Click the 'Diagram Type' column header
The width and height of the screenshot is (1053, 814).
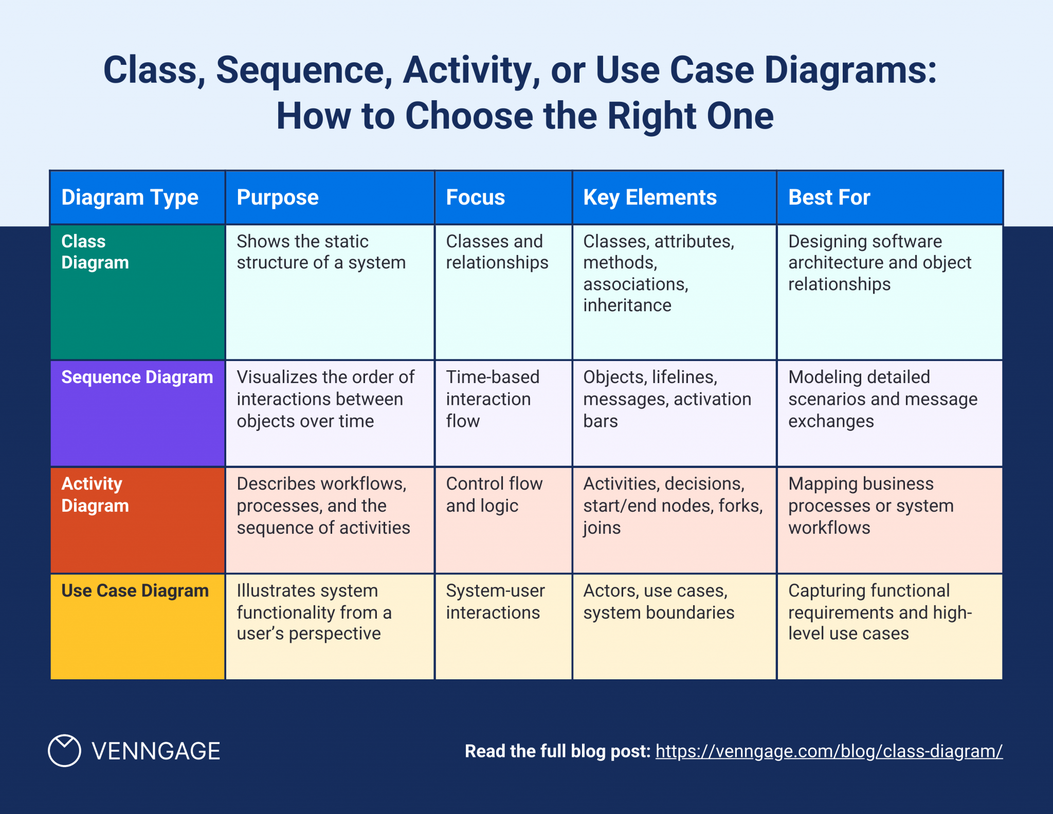coord(130,197)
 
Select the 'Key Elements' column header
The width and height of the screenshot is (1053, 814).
coord(649,197)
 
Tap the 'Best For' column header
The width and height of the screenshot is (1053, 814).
coord(829,197)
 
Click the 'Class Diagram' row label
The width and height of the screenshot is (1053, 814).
coord(95,252)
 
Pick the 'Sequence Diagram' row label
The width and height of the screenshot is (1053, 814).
coord(137,377)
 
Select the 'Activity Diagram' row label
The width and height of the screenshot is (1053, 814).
coord(95,495)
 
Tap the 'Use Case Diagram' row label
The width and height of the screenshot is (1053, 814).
coord(135,591)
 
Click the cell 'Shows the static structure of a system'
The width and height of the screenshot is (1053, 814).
coord(321,252)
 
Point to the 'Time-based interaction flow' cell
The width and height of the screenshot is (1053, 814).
coord(492,399)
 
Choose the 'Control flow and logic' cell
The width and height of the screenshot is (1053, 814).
coord(494,495)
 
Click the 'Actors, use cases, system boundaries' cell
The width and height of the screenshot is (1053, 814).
coord(658,602)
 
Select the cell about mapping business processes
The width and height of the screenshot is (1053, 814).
coord(870,505)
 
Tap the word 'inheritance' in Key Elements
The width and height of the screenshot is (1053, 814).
coord(627,305)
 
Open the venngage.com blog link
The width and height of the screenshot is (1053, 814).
coord(828,751)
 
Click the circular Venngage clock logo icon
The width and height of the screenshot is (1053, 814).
coord(64,751)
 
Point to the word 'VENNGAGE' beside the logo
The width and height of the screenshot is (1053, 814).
coord(156,751)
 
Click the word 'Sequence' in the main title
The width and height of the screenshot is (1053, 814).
coord(300,70)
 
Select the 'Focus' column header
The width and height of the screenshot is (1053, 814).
coord(475,197)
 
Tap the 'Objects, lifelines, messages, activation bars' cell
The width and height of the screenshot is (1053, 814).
coord(666,399)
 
